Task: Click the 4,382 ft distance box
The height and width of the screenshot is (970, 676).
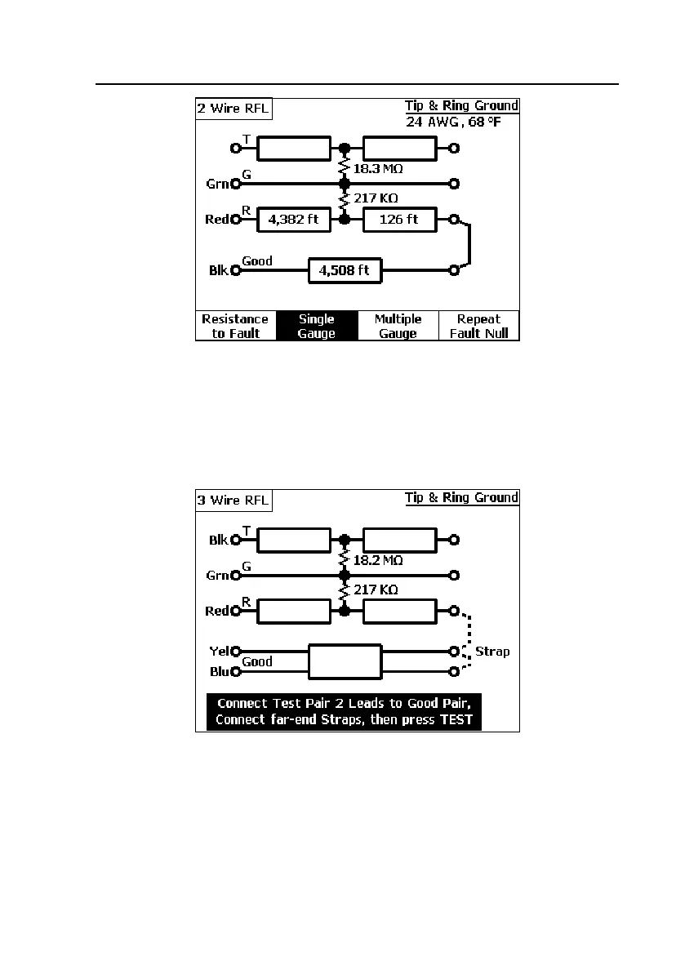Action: (294, 219)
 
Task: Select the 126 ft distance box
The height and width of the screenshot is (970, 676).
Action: (399, 219)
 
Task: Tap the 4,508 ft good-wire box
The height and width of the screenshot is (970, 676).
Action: (345, 270)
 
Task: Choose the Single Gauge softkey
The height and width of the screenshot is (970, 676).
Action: (317, 326)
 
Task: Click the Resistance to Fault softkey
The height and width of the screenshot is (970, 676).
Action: (235, 326)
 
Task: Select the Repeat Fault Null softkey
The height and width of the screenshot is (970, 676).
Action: (478, 326)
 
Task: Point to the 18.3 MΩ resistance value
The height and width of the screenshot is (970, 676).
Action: (378, 168)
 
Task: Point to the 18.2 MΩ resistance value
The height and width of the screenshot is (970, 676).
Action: (378, 560)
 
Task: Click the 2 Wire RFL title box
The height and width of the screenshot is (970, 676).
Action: (233, 109)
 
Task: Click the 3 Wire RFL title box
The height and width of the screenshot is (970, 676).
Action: (233, 501)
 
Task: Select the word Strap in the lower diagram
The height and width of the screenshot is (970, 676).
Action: (492, 652)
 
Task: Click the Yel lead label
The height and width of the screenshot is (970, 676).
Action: (217, 652)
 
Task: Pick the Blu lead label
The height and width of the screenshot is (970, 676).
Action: (217, 672)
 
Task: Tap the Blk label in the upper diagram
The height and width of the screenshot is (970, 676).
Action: (218, 270)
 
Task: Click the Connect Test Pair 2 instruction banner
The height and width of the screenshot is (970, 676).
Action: (344, 711)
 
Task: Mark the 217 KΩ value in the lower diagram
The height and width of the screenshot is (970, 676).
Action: (376, 590)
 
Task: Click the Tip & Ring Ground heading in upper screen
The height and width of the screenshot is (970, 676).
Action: (461, 105)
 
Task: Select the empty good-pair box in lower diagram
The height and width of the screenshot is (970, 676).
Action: (345, 661)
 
